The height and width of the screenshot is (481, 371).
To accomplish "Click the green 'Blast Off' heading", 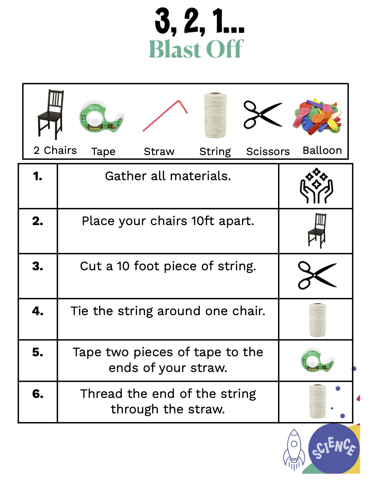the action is [196, 49].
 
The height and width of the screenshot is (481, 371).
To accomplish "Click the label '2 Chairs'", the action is [55, 150].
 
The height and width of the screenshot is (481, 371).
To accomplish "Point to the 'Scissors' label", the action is [268, 151].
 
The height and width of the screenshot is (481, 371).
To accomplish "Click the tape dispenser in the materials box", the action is [102, 116].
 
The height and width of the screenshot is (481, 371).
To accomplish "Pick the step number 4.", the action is [38, 311].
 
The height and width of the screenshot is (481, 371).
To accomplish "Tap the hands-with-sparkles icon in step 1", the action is [316, 186].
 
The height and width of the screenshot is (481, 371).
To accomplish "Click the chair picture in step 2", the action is [317, 230].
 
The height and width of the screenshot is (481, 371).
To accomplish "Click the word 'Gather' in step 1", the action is [125, 176].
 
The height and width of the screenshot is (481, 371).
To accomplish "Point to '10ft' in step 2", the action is [203, 221].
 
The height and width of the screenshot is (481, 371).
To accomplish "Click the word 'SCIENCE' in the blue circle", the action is [333, 448].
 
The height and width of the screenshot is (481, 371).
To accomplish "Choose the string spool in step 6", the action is [317, 401].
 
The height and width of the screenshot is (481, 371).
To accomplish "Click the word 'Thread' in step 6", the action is [101, 394].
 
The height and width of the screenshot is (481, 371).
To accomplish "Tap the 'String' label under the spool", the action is [215, 152].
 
